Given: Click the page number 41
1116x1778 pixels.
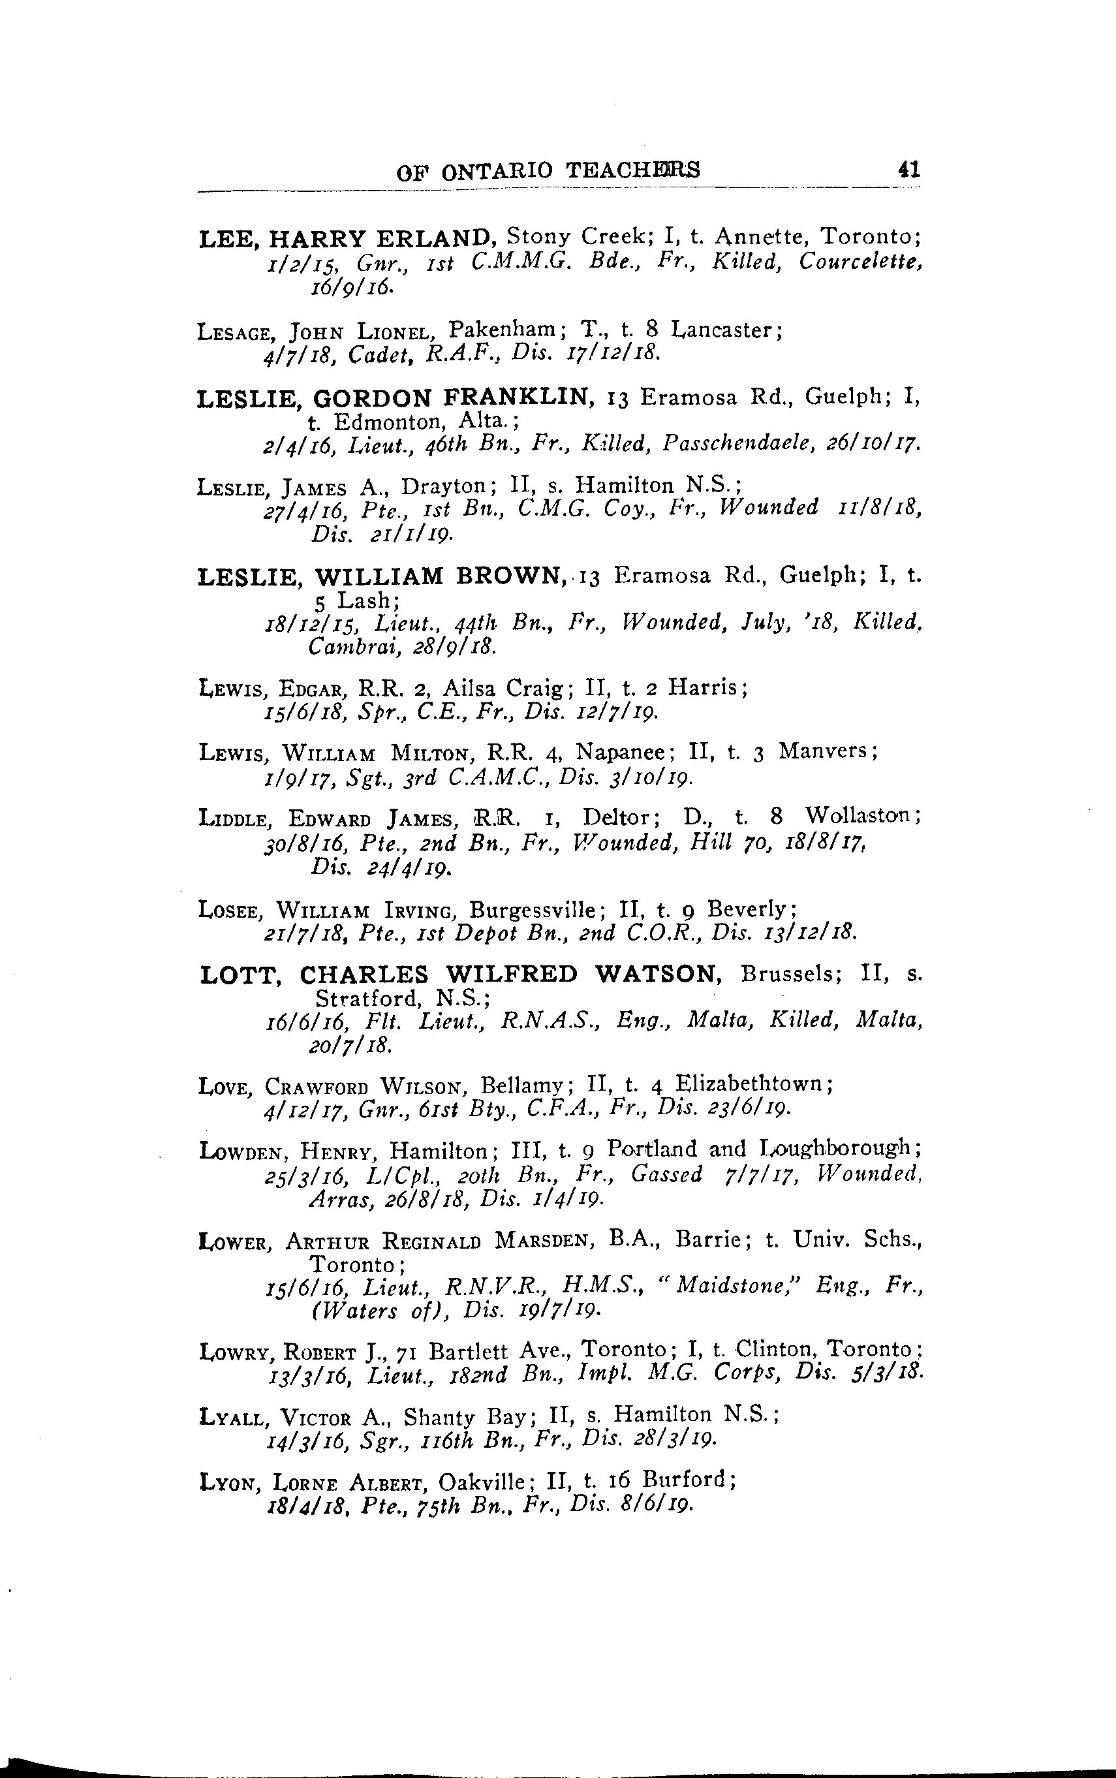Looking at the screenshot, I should [908, 170].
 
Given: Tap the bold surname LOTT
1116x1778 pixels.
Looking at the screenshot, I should [239, 975].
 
